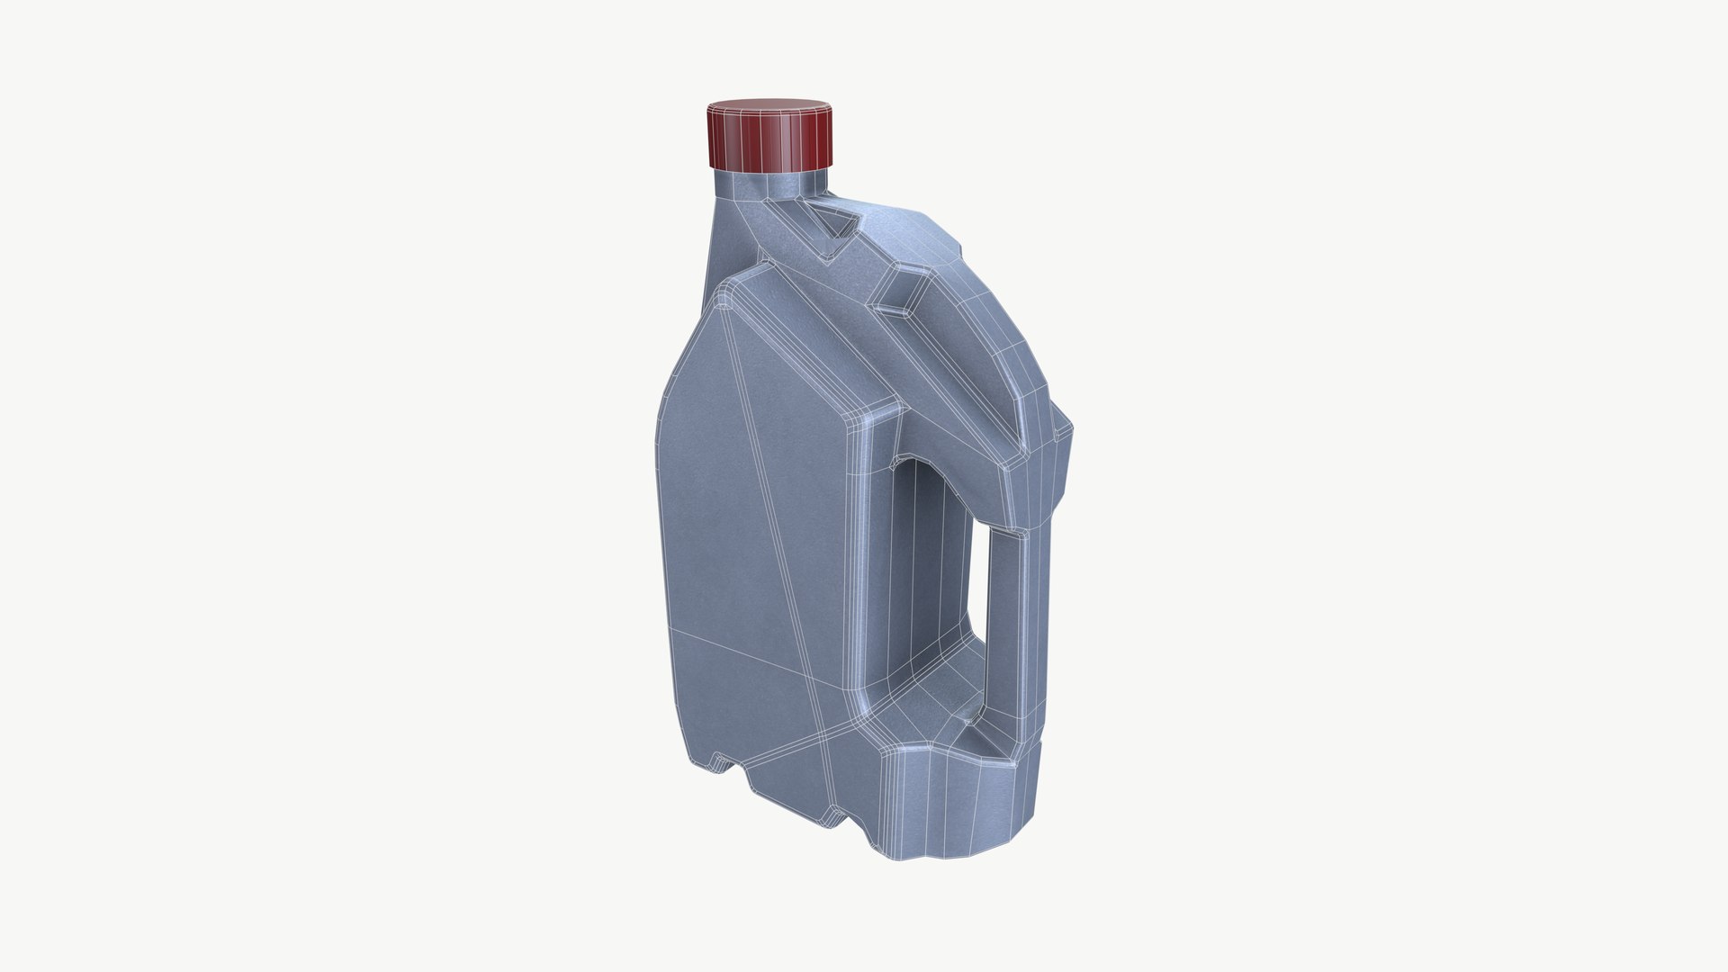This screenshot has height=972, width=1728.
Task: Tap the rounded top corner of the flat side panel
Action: pos(725,297)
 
